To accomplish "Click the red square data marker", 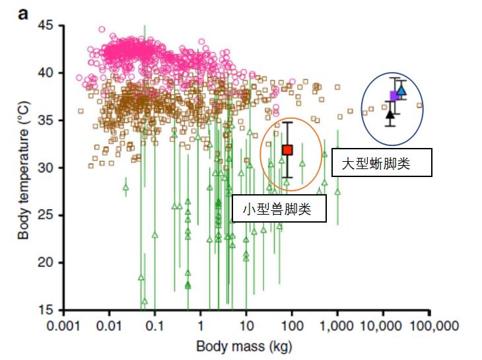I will click(287, 150).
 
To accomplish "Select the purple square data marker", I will click(394, 96).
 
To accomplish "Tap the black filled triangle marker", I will click(390, 114).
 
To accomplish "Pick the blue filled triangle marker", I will click(401, 90).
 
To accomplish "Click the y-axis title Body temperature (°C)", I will click(23, 167).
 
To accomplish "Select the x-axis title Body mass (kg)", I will click(244, 346).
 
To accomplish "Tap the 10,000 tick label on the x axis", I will click(383, 326).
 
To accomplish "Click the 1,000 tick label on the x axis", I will click(337, 326).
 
